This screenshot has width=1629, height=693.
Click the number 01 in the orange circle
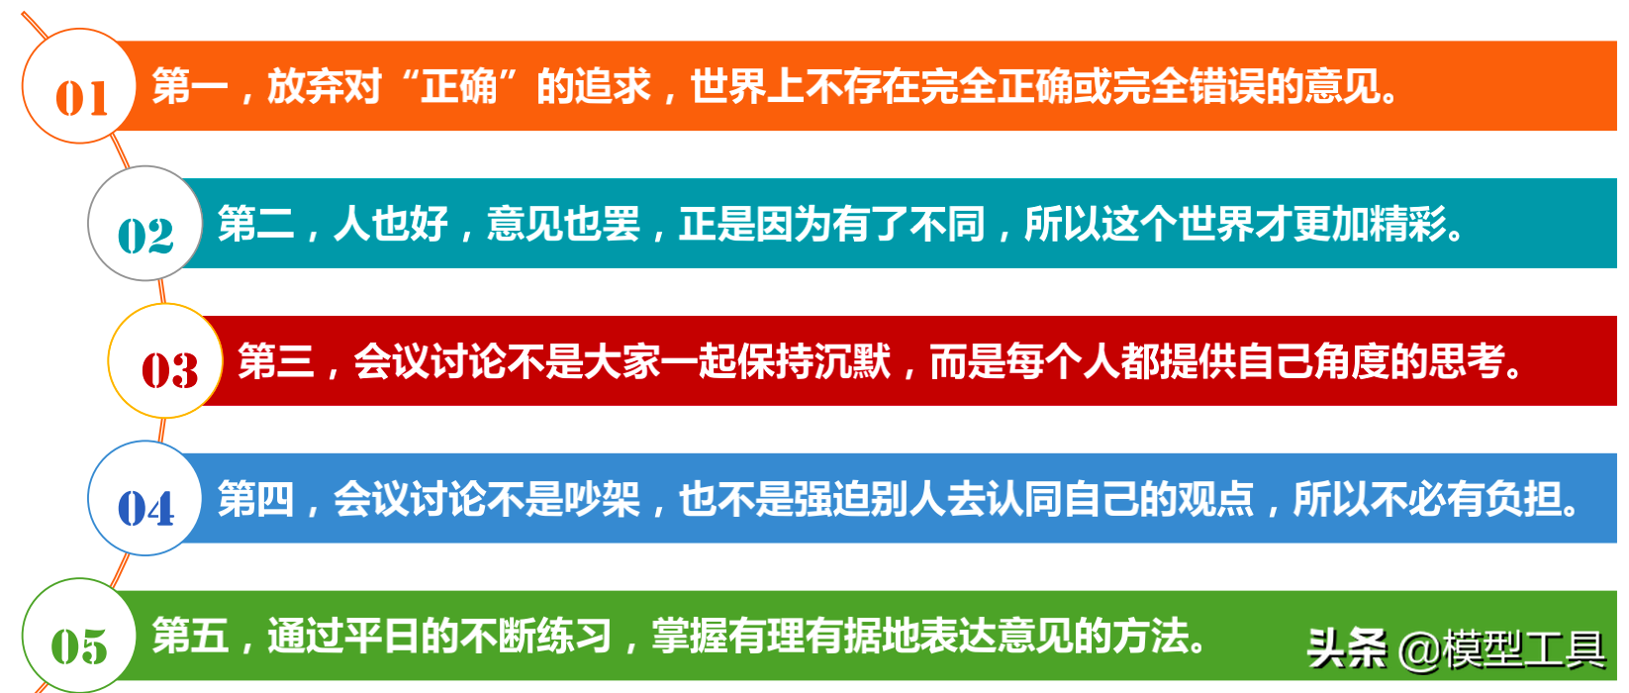click(81, 98)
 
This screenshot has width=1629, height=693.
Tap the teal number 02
click(145, 236)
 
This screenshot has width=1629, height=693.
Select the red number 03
click(169, 370)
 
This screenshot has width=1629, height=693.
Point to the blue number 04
click(145, 508)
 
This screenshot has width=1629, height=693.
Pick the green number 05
click(79, 646)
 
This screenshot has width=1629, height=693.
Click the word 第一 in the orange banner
click(190, 86)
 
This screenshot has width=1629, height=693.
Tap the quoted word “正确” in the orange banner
click(459, 86)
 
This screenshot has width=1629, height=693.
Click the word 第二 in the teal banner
click(256, 223)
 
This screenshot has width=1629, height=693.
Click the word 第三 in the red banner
click(276, 361)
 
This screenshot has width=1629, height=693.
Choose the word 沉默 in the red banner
click(852, 361)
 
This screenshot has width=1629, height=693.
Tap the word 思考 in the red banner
click(1468, 361)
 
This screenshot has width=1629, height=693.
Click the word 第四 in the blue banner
click(256, 499)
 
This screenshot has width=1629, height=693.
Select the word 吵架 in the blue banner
click(602, 499)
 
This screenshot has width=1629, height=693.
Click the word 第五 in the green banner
click(190, 636)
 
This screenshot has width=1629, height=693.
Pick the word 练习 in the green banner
click(573, 636)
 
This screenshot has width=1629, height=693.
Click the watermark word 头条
click(1348, 648)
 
